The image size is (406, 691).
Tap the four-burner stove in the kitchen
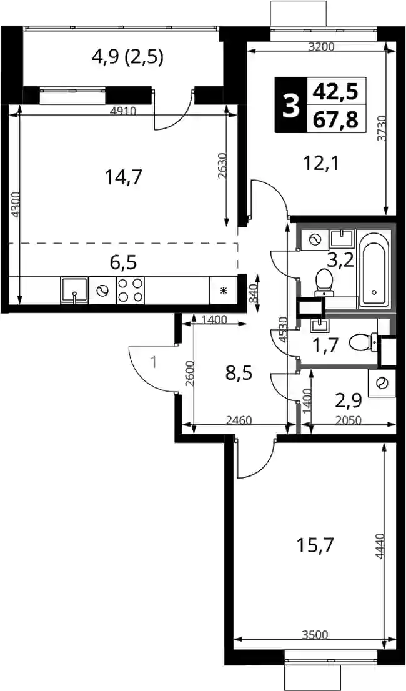pyautogui.click(x=131, y=290)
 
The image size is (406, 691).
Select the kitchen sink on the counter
pyautogui.click(x=74, y=290)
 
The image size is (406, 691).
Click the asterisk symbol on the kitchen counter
pyautogui.click(x=224, y=290)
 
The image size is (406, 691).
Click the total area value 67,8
pyautogui.click(x=335, y=119)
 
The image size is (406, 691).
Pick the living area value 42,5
pyautogui.click(x=335, y=92)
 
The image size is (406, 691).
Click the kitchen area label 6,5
pyautogui.click(x=123, y=262)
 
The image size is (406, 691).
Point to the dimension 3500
pyautogui.click(x=315, y=635)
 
